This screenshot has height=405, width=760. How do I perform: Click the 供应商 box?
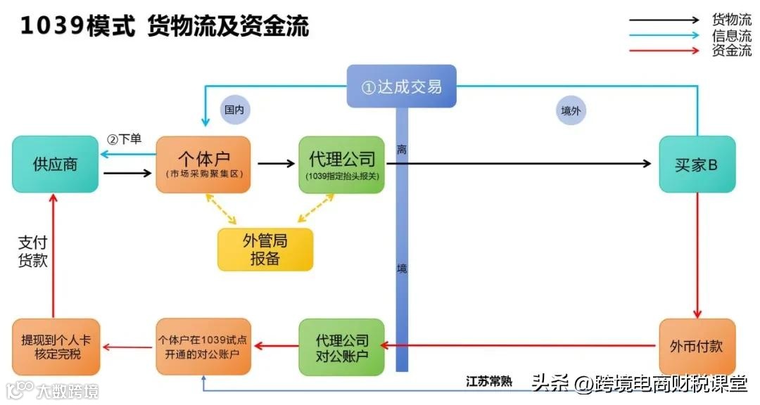[x=55, y=165]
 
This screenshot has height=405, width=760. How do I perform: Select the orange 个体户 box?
[x=204, y=165]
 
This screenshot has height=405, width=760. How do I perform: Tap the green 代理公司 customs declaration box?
[x=342, y=165]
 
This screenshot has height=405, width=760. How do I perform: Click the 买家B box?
[x=696, y=165]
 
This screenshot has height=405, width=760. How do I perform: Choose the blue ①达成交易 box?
[x=401, y=86]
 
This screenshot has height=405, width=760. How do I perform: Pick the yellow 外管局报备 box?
[x=265, y=250]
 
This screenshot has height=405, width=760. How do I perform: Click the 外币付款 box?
[x=696, y=346]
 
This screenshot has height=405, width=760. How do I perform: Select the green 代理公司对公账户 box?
[x=342, y=346]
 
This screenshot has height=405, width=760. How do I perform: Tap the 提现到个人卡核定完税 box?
[x=56, y=346]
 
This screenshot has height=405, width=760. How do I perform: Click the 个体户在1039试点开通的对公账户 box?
[x=204, y=346]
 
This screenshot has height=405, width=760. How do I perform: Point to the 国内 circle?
[x=234, y=110]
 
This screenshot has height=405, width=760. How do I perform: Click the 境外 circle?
[x=571, y=110]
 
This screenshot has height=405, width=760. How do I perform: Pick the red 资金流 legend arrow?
[x=669, y=51]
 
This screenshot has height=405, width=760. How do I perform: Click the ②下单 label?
[x=124, y=139]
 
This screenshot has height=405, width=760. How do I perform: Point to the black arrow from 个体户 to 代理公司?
[x=276, y=164]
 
